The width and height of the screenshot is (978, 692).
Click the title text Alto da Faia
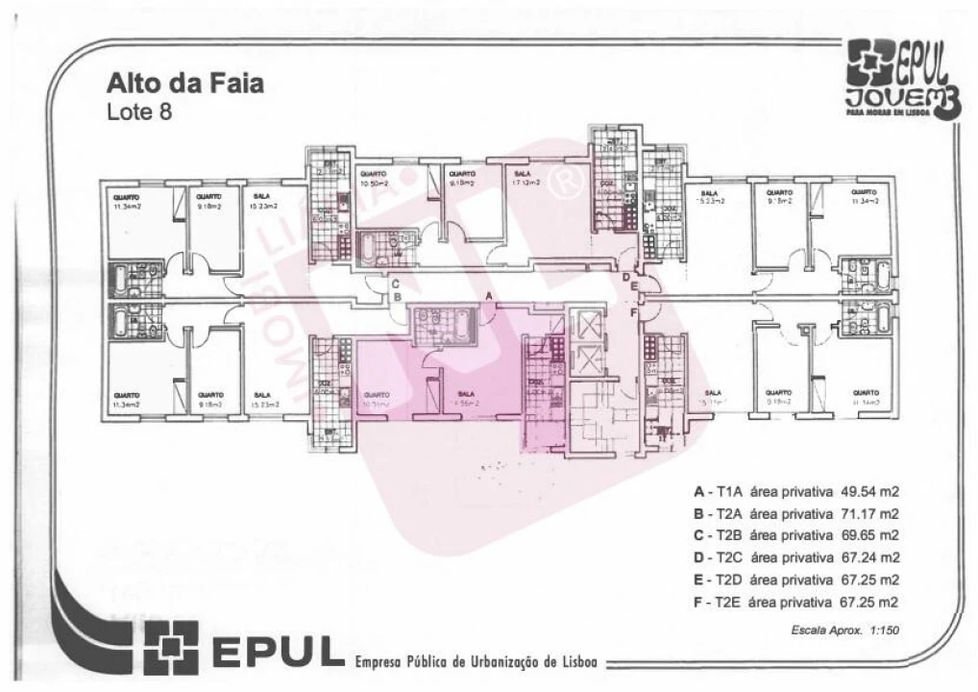(184, 84)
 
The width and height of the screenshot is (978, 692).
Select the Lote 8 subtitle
(139, 111)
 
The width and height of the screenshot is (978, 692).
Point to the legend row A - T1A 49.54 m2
(795, 491)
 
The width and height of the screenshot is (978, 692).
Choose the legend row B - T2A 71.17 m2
(795, 513)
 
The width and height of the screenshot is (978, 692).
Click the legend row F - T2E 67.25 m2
(795, 604)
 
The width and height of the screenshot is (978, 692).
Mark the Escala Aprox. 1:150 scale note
(844, 630)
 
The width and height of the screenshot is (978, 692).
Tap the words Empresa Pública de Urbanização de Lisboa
(476, 662)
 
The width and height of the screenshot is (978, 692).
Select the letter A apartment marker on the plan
(489, 298)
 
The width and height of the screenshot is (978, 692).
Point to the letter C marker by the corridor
(395, 284)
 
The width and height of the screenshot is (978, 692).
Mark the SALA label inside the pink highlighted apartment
(467, 396)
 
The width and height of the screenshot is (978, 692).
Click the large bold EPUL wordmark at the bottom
(274, 650)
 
